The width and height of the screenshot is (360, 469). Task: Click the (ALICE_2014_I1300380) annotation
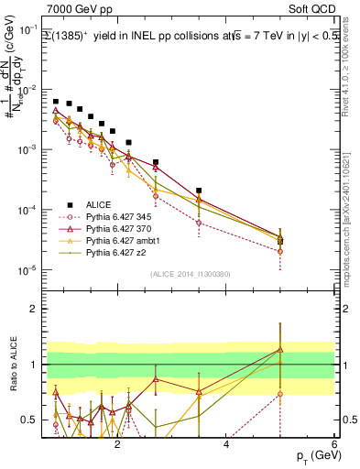pyautogui.click(x=191, y=274)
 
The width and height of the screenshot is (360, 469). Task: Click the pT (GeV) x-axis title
pyautogui.click(x=313, y=455)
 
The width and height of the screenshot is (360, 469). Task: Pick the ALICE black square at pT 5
pyautogui.click(x=280, y=242)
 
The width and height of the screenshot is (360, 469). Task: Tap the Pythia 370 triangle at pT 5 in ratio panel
pyautogui.click(x=280, y=350)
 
